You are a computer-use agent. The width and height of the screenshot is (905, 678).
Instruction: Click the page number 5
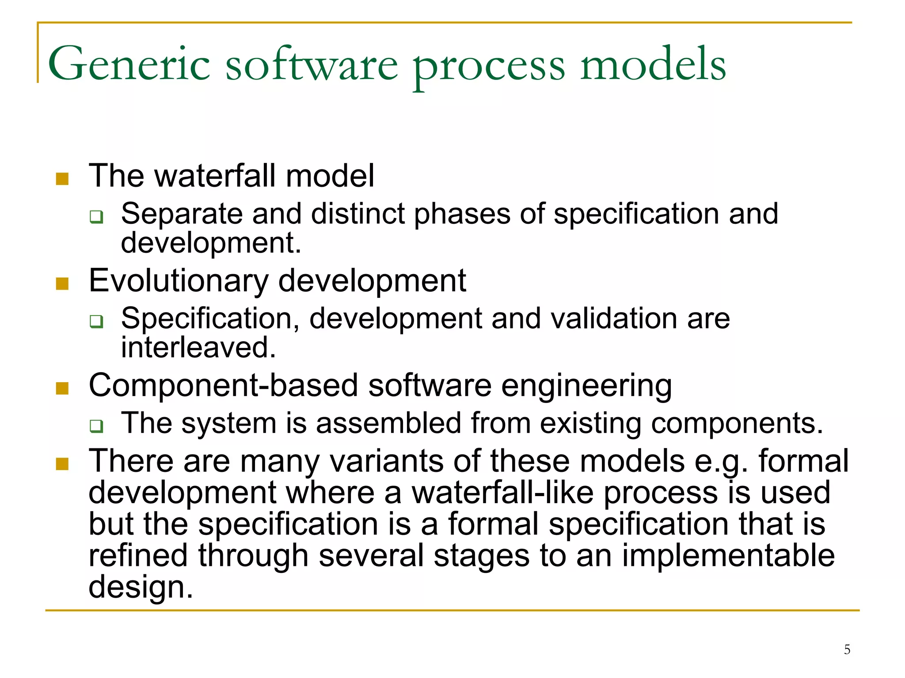tap(847, 649)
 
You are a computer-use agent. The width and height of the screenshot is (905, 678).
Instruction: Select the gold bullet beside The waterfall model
tap(62, 179)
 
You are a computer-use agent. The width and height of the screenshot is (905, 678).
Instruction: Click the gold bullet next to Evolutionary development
tap(62, 284)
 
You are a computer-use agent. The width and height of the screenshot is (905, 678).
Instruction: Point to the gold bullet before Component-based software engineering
tap(62, 388)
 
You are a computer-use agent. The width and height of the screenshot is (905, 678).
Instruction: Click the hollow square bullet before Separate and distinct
tap(96, 217)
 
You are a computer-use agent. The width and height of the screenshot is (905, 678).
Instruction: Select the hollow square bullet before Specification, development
tap(96, 321)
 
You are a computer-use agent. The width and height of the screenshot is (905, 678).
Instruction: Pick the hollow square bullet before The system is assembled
tap(96, 426)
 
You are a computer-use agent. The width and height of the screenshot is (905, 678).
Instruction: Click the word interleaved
tap(198, 347)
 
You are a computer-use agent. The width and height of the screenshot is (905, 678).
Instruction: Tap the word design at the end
tap(141, 587)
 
